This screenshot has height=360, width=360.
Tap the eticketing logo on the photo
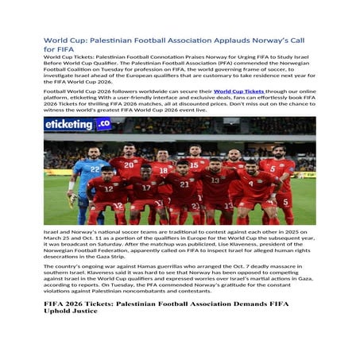pos(79,125)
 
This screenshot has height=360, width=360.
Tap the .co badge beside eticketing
pos(105,124)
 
